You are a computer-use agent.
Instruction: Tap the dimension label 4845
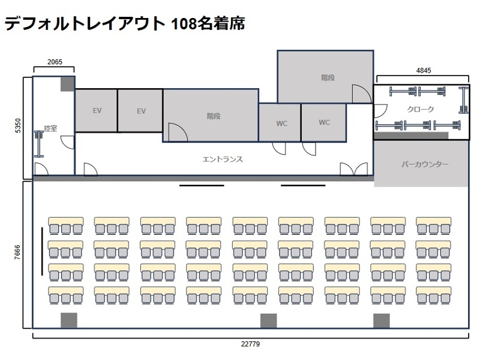[424, 70]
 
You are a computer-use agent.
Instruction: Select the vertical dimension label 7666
[18, 254]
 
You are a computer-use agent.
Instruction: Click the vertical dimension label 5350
[18, 127]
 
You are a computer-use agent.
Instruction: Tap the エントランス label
[223, 159]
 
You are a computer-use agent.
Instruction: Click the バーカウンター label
[425, 164]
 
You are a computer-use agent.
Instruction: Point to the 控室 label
[50, 128]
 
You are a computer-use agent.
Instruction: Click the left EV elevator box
[96, 111]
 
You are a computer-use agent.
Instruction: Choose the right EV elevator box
[141, 111]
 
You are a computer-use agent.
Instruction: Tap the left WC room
[281, 123]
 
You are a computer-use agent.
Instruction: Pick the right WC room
[324, 122]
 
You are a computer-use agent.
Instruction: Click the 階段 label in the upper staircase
[327, 77]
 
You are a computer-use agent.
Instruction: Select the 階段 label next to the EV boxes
[213, 116]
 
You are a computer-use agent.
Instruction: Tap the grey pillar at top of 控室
[67, 83]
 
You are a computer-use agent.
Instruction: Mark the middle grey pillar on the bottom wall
[268, 321]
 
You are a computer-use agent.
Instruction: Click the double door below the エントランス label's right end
[354, 169]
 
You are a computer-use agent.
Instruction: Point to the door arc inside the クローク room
[380, 111]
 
